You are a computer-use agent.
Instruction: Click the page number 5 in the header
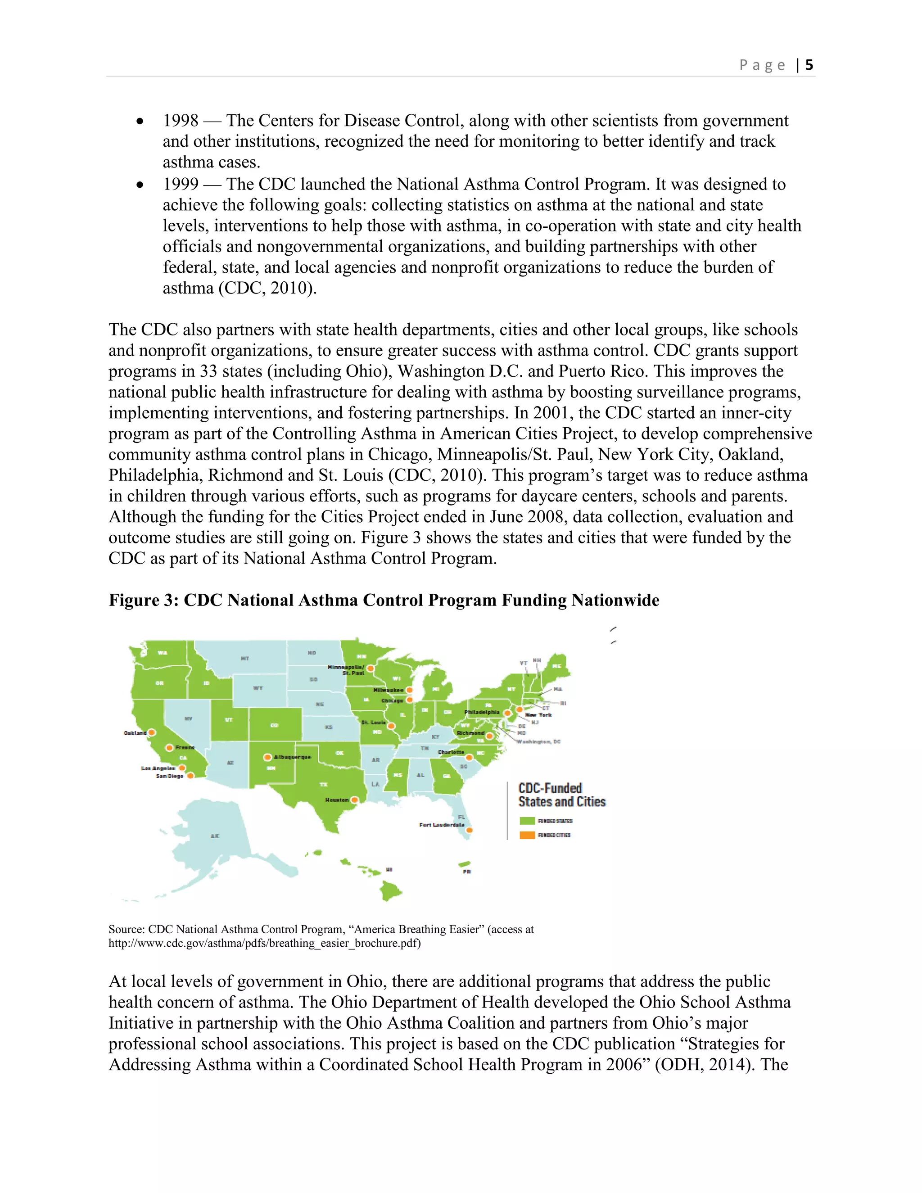click(x=809, y=65)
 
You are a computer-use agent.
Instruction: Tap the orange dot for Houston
click(x=354, y=800)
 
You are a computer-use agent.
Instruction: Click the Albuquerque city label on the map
click(x=292, y=757)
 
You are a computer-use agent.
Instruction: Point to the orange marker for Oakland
click(x=152, y=732)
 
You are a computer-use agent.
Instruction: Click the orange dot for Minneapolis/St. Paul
click(x=371, y=668)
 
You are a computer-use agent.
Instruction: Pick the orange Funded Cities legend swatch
click(x=527, y=835)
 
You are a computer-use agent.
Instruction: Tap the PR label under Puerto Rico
click(x=466, y=872)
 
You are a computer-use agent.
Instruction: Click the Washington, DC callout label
click(x=538, y=742)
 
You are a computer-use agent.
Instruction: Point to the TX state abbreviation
click(x=323, y=784)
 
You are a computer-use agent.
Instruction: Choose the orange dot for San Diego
click(x=190, y=776)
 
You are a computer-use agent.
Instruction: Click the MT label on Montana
click(x=245, y=659)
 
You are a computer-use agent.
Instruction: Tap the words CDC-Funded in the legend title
click(x=550, y=788)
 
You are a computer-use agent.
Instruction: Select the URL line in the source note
click(x=264, y=943)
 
